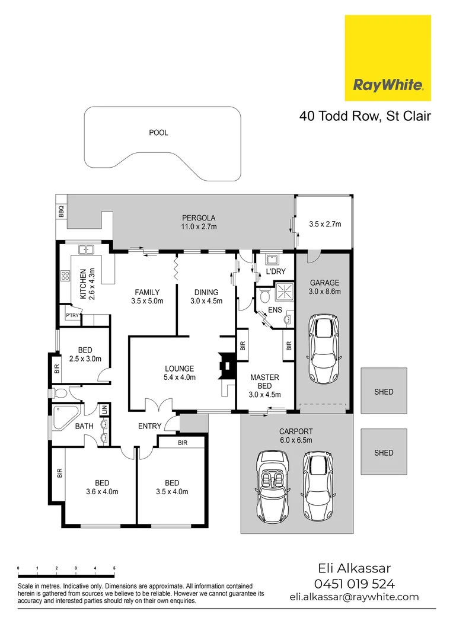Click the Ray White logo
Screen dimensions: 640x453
pos(388,58)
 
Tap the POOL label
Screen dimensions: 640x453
pos(158,133)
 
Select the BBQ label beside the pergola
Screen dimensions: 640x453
pos(61,211)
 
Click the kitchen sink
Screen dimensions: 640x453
pos(87,249)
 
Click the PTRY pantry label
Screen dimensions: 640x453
pos(72,316)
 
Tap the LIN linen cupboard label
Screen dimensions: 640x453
pos(104,408)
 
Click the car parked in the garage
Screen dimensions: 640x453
pos(324,350)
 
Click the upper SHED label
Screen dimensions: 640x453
pos(384,392)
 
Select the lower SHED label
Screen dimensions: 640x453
pos(384,453)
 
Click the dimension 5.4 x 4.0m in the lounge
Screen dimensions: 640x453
pos(179,377)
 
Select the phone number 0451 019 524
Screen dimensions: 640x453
pos(354,584)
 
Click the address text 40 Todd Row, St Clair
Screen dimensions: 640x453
pos(365,116)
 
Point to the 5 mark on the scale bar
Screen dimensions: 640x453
pos(114,568)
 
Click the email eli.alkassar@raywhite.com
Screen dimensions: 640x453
pos(354,597)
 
